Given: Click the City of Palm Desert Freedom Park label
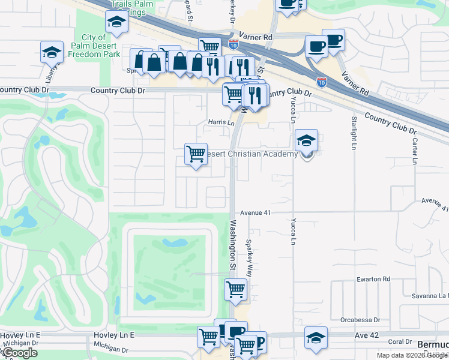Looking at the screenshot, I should (x=89, y=45).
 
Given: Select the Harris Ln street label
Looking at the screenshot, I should (x=221, y=122).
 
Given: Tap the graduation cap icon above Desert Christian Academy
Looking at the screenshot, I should (x=306, y=140).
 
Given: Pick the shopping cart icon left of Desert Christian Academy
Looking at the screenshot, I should (x=196, y=154).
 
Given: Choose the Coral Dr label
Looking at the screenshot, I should (x=399, y=341).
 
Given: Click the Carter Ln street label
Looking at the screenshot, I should (x=414, y=150).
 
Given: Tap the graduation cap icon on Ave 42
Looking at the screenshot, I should (x=316, y=337).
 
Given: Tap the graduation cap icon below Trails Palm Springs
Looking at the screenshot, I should (x=116, y=22).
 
